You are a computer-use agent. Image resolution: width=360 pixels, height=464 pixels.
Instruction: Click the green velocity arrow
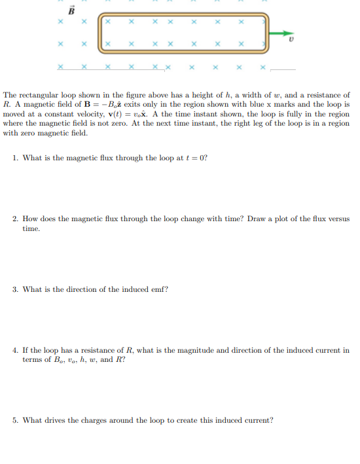[x=281, y=31]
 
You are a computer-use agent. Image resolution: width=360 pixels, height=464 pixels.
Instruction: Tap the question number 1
[x=15, y=158]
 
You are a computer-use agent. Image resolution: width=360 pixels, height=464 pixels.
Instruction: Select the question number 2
[x=15, y=219]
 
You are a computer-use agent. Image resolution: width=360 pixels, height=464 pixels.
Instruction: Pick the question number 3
[x=15, y=289]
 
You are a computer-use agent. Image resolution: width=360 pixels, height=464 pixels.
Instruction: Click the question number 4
[x=15, y=351]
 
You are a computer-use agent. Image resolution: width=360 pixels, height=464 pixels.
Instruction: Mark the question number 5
[x=15, y=420]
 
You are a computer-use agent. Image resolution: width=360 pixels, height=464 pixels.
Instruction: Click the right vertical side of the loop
[x=266, y=31]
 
